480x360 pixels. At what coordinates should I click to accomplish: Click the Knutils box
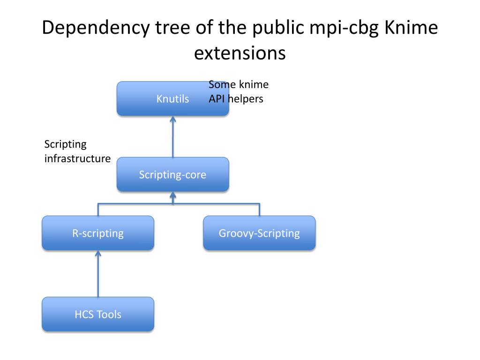172,98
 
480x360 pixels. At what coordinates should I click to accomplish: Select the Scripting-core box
172,174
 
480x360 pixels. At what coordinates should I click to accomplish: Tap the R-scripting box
98,233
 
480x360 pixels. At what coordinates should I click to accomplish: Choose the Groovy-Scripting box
259,233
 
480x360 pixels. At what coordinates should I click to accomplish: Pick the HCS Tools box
98,314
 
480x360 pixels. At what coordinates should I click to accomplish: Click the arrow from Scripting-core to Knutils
173,137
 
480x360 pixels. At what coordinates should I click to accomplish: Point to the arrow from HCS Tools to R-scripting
98,274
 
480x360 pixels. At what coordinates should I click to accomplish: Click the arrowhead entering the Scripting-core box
173,195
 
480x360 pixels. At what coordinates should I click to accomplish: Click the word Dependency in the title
96,28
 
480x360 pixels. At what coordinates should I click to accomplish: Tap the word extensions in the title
240,53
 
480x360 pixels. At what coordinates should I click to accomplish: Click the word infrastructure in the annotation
77,158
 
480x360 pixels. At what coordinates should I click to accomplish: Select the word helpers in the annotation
245,99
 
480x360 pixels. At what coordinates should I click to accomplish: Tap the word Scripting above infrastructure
66,144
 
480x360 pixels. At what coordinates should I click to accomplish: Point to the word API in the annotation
217,99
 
